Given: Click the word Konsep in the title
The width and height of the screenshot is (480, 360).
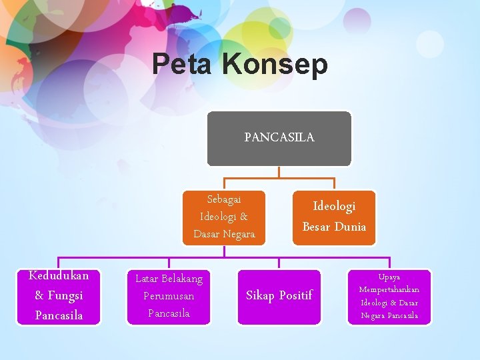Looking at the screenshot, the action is pos(275,65).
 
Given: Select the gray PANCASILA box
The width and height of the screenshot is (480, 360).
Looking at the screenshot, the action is pos(279,138).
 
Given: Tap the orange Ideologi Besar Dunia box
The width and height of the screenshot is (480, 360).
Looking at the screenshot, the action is pos(334,217).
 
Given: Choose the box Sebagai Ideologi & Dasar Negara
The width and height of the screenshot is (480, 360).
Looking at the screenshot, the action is pos(224,217).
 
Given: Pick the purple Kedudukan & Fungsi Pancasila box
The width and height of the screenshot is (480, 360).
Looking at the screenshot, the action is pos(59,295).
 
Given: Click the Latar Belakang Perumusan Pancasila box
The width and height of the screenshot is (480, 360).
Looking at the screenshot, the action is pos(169,296).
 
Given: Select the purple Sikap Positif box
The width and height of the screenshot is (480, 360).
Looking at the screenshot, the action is pos(279,296).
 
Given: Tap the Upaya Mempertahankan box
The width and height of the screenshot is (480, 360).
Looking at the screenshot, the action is pos(389,296).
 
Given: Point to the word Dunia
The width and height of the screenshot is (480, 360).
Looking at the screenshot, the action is pos(350,227).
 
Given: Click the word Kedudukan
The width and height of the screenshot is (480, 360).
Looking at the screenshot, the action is pos(59,275).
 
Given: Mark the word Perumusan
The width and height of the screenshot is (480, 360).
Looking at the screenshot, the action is pos(169,296).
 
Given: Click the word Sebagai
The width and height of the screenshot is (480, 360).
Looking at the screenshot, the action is pos(224,199).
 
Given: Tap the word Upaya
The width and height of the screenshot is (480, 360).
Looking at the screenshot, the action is pos(389,277).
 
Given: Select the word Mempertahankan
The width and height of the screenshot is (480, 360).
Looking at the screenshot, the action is pos(389,289).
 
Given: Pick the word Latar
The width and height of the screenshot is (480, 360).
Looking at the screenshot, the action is pos(147,279).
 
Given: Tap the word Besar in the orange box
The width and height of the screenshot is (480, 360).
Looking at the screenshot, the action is pos(317,227).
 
